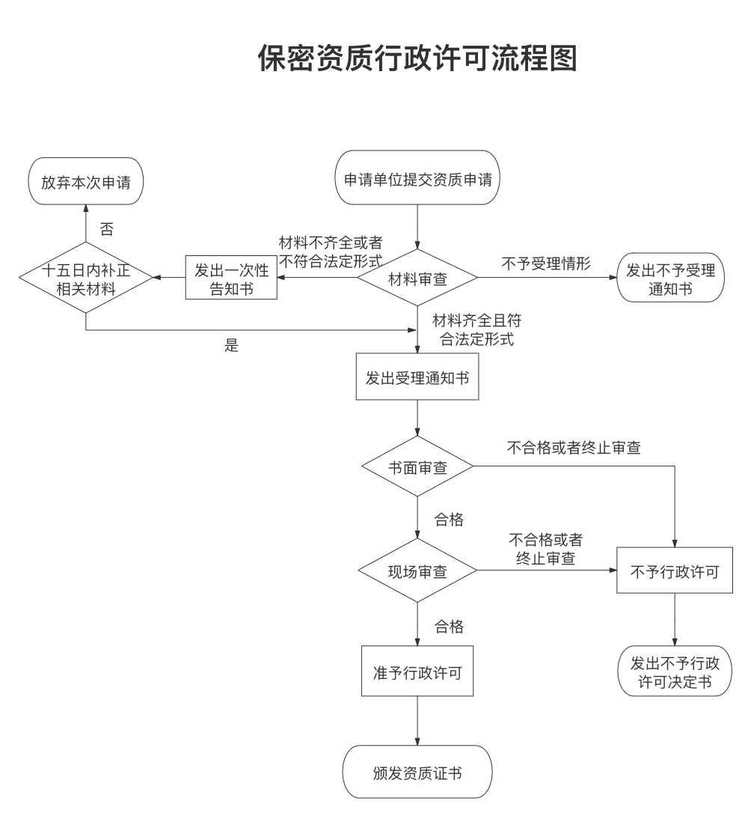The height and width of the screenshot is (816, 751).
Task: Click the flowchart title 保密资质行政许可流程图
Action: coord(417,58)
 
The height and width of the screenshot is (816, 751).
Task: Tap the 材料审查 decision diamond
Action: coord(417,278)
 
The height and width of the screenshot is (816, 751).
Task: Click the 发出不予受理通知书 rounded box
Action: coord(670,278)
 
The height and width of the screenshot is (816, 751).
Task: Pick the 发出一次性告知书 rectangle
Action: coord(231,278)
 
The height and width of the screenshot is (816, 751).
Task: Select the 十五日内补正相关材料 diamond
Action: coord(86,278)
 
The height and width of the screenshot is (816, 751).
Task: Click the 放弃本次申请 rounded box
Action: coord(85,180)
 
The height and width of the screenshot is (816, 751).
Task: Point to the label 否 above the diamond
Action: coord(107,229)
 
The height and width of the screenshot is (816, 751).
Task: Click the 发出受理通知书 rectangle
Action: coord(417,377)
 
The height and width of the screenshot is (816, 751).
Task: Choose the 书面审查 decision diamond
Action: coord(417,467)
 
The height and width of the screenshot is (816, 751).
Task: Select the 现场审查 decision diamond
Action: coord(417,572)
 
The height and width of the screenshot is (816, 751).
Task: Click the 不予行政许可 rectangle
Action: coord(675,572)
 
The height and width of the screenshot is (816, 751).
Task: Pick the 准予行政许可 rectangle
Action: coord(417,672)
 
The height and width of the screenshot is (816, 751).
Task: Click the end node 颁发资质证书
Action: coord(417,772)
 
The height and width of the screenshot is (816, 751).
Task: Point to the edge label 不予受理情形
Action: coord(546,264)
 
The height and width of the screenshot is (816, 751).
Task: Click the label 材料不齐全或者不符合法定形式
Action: coord(331,252)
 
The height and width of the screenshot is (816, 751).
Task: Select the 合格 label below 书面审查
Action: coord(449,520)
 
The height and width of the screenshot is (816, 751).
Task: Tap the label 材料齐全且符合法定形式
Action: coord(477,329)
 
